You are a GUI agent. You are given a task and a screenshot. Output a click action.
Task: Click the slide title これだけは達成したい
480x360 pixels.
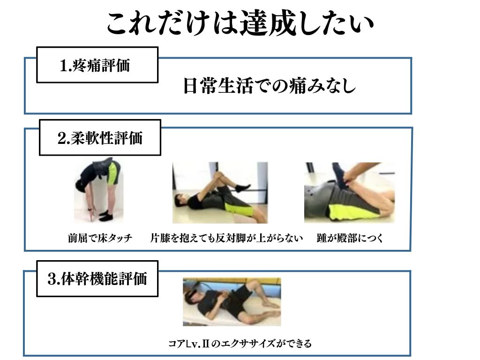tap(240, 24)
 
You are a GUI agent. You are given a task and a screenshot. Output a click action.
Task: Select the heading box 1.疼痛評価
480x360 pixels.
tap(97, 65)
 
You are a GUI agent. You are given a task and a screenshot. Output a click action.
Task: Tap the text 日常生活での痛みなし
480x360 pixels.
tap(269, 86)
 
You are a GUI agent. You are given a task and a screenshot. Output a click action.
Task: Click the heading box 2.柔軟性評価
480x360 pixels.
tap(100, 138)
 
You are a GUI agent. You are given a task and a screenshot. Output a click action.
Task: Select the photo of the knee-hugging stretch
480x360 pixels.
tap(220, 192)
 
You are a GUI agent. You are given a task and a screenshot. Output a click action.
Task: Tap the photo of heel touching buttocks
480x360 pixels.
tap(349, 192)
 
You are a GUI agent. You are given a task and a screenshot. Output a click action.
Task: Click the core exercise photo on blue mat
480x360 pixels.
tap(232, 302)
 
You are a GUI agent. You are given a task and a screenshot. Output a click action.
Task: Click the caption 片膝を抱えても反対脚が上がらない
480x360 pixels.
tap(227, 238)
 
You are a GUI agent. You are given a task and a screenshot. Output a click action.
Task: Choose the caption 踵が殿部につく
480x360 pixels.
tap(350, 238)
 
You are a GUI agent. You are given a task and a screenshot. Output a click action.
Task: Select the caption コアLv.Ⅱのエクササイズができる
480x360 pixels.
tap(240, 344)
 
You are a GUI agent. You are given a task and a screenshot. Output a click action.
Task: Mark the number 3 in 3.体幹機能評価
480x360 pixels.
tap(52, 279)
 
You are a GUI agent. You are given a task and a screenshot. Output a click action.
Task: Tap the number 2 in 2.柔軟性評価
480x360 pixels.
tap(61, 138)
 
